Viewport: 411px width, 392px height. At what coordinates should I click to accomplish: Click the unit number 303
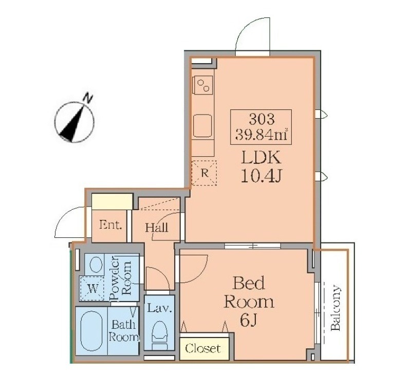point(261,120)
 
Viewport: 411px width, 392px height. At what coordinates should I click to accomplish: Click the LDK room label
point(261,158)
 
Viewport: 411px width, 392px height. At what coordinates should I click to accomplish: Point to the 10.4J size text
point(261,176)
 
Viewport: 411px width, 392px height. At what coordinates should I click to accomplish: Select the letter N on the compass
point(88,98)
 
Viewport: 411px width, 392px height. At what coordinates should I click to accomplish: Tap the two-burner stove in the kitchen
point(202,84)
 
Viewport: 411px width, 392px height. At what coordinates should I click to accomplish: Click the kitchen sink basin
point(202,125)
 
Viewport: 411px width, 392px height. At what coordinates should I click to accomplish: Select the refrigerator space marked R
point(204,173)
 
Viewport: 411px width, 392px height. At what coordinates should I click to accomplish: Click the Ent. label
point(110,225)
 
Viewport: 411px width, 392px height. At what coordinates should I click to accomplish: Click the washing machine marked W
point(92,288)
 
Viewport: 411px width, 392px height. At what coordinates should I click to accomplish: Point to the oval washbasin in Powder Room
point(96,264)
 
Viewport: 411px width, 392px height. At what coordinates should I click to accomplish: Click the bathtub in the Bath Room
point(91,331)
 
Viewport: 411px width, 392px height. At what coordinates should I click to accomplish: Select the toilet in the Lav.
point(160,335)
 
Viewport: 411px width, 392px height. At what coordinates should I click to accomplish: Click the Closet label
point(203,348)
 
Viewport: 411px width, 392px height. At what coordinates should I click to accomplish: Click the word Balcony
point(336,308)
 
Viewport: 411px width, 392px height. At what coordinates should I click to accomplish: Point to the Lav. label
point(159,308)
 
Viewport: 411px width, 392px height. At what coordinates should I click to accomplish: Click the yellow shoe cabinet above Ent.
point(111,201)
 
